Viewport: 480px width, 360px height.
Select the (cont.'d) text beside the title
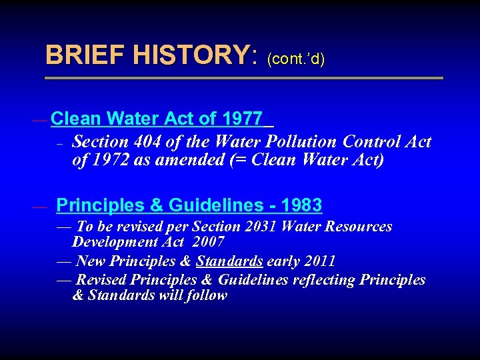(x=296, y=59)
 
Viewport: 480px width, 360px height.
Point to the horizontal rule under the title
(x=244, y=78)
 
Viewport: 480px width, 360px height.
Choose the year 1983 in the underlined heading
(x=301, y=205)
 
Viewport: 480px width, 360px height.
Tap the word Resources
(x=359, y=227)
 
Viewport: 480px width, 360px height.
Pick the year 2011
(x=319, y=261)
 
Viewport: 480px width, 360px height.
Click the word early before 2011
(x=283, y=261)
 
